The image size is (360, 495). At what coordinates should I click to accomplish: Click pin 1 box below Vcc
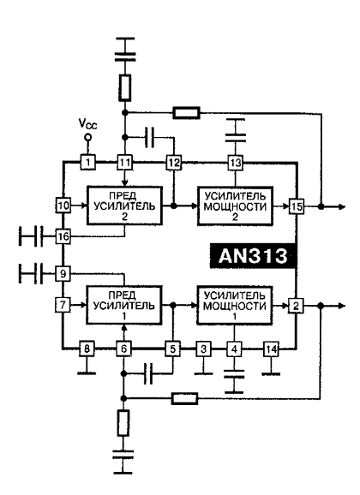click(x=87, y=160)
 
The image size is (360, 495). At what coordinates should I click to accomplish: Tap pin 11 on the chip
click(x=125, y=160)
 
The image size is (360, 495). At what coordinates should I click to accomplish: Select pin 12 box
click(x=173, y=160)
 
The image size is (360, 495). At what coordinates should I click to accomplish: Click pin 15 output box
click(x=296, y=206)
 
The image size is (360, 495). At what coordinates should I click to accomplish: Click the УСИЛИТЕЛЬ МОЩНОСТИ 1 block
click(x=232, y=306)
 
